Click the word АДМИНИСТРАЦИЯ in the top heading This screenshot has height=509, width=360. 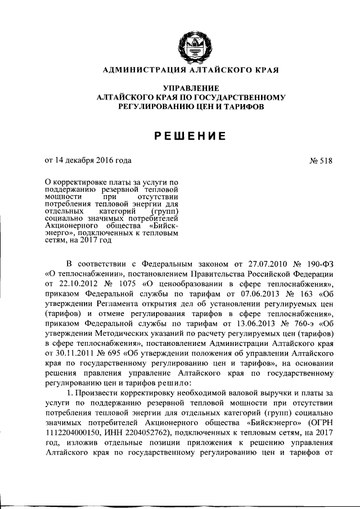(137, 70)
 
